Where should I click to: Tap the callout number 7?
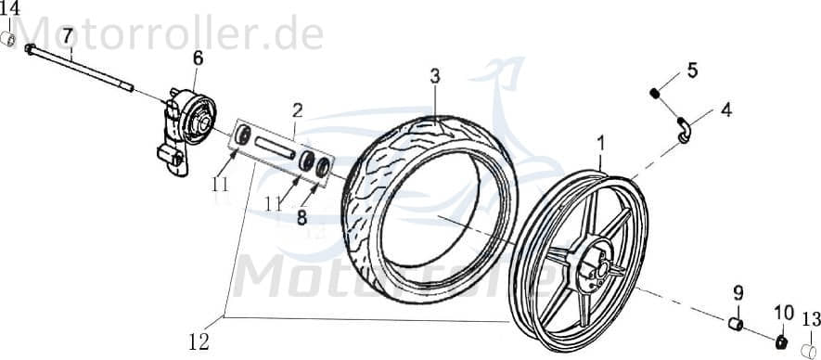click(x=68, y=36)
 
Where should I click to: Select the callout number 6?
click(x=197, y=58)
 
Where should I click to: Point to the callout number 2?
click(x=297, y=109)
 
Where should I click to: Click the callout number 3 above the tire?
click(x=434, y=75)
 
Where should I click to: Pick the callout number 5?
click(x=691, y=70)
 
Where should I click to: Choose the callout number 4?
click(x=725, y=109)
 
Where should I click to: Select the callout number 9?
click(x=738, y=294)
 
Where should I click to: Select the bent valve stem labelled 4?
click(x=685, y=132)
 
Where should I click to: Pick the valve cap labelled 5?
click(x=656, y=92)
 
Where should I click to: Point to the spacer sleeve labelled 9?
click(x=735, y=324)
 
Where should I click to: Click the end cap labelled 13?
click(x=809, y=351)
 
